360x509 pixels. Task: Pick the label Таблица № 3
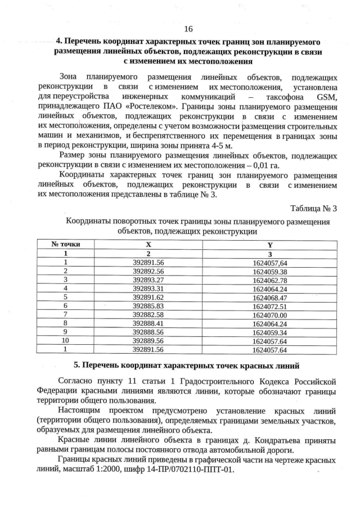click(x=313, y=209)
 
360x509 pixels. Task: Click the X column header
click(x=148, y=245)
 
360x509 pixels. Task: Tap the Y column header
click(x=270, y=245)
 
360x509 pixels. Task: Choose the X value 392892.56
click(x=148, y=271)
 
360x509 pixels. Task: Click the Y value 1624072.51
click(x=270, y=307)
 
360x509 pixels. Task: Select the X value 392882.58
click(x=148, y=315)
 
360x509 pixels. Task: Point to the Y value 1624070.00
click(x=270, y=316)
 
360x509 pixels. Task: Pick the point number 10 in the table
click(x=66, y=341)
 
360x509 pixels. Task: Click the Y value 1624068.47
click(x=270, y=298)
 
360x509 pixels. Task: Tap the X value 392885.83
click(x=148, y=307)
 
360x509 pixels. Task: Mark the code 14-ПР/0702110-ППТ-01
click(x=191, y=470)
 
